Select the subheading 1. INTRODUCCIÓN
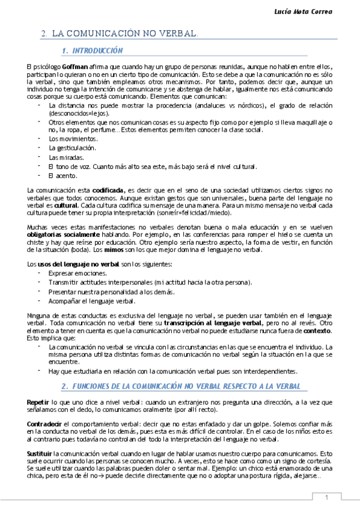[x=93, y=51]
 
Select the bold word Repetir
[x=38, y=401]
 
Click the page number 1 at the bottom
[x=326, y=497]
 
